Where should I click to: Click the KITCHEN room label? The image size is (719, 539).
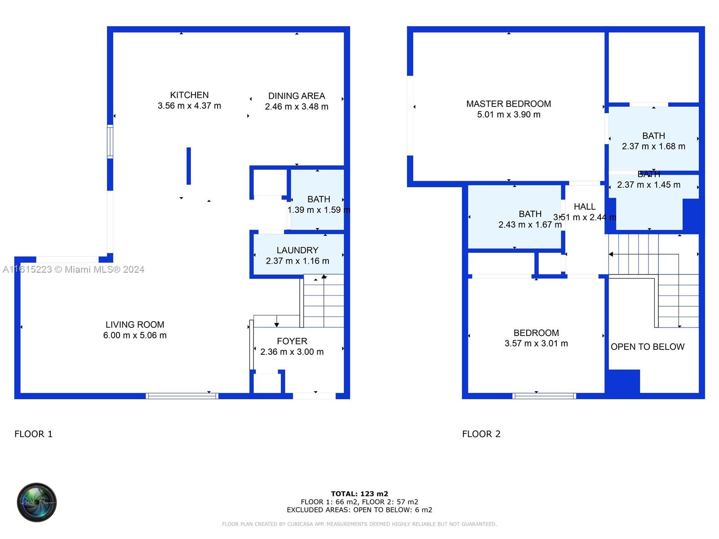[189, 95]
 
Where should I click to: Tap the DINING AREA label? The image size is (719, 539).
[297, 96]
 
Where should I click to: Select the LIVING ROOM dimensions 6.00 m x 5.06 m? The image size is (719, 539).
[135, 336]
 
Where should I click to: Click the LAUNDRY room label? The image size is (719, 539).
[297, 251]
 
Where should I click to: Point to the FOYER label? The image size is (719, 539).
[292, 341]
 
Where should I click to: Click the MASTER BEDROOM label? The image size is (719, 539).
[509, 104]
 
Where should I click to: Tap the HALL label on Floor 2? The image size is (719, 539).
[585, 207]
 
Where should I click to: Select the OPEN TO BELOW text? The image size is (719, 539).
[648, 347]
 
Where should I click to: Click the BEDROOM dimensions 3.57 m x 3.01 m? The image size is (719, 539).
[536, 344]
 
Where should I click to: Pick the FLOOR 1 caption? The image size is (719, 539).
[34, 434]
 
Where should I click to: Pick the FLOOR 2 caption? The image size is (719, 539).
[481, 434]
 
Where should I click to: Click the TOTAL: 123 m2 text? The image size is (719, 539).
[359, 494]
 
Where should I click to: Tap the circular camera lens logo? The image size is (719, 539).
[37, 502]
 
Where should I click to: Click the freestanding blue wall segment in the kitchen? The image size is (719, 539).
[189, 166]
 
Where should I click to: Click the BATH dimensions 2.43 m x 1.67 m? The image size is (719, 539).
[530, 225]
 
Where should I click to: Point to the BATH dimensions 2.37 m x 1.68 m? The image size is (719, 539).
[653, 146]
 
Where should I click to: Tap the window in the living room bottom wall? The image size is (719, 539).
[182, 396]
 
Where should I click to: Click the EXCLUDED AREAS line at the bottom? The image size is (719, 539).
[359, 510]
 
